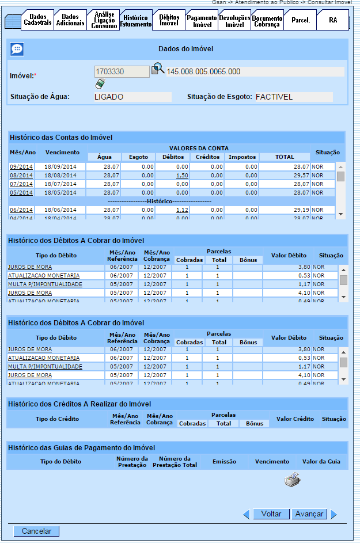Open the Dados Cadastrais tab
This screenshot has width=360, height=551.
[38, 20]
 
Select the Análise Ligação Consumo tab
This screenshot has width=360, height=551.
[104, 20]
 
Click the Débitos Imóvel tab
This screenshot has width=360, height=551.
[169, 20]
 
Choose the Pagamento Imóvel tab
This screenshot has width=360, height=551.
[202, 21]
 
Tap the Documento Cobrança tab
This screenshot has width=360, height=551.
[267, 21]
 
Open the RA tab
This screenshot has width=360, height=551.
[333, 20]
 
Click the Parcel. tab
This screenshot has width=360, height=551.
[300, 20]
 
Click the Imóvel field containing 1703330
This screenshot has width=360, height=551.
[122, 72]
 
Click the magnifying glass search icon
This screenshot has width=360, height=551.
[158, 70]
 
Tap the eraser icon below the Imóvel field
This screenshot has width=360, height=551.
[100, 84]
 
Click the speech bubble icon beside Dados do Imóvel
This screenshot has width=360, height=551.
[17, 50]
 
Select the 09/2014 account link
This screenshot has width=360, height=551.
[21, 167]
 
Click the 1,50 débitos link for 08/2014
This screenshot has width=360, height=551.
[183, 175]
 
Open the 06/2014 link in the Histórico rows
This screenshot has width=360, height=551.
[21, 210]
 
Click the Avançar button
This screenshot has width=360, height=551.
[309, 514]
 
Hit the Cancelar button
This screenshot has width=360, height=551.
[36, 531]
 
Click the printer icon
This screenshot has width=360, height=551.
[293, 480]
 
